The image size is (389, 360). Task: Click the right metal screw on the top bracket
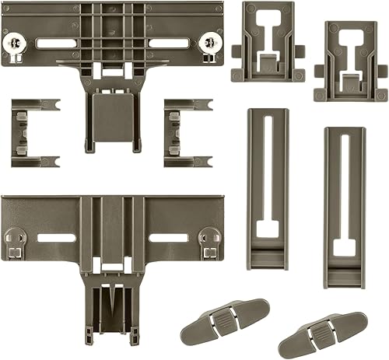click(209, 40)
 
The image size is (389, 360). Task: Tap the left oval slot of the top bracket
click(55, 44)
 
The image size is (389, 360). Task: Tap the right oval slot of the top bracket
click(169, 44)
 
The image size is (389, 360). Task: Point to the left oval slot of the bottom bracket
click(56, 236)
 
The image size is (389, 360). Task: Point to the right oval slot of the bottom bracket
click(168, 236)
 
